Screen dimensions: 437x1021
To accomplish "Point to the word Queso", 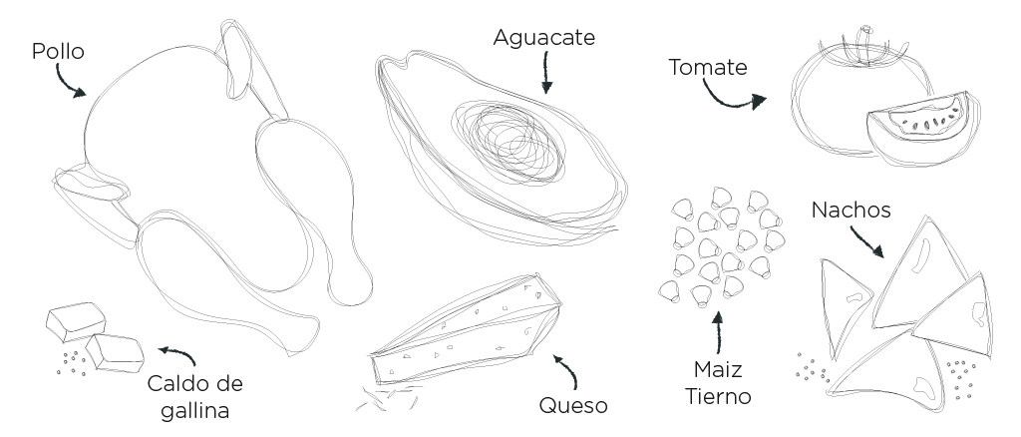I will [573, 405].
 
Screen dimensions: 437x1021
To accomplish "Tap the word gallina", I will [194, 409].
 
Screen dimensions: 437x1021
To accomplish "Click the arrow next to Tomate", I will [733, 96].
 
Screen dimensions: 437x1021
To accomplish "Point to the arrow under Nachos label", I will [867, 242].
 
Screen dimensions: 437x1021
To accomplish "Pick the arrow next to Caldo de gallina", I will [176, 355].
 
